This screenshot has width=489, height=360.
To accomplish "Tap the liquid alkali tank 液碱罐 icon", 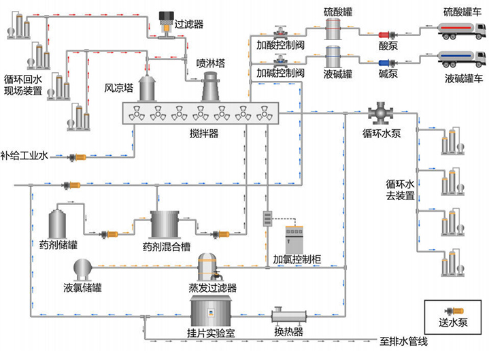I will (333, 56).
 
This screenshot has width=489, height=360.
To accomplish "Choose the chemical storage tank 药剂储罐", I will (58, 223).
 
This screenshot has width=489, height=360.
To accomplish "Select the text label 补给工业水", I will (24, 156).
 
